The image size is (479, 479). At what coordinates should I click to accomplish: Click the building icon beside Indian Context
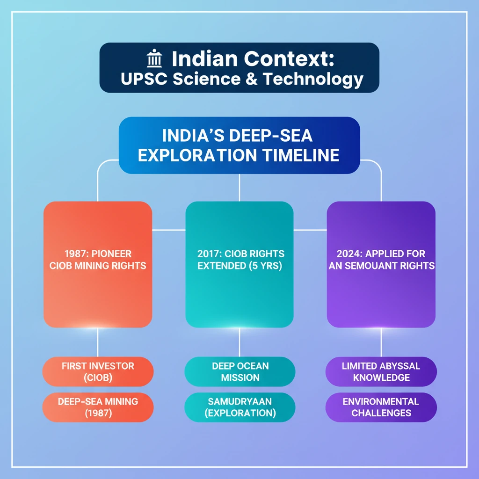point(154,59)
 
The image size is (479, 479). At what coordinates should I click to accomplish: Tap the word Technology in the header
point(313,79)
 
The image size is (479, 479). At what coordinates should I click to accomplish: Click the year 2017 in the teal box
point(209,254)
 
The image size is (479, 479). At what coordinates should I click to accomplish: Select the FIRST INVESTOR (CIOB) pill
point(98,371)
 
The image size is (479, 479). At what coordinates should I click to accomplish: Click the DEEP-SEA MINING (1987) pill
point(98,407)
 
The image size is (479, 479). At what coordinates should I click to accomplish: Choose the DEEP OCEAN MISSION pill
point(240,371)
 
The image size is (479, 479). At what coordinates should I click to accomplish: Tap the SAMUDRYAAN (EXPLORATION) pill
point(240,407)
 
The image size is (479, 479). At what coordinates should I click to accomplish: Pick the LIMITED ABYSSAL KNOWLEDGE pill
point(381,371)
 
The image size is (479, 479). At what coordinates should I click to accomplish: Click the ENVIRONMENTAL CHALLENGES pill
point(381,407)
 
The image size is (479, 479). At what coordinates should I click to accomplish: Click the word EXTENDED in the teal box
point(219,266)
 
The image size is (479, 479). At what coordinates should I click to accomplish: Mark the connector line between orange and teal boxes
point(168,230)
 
